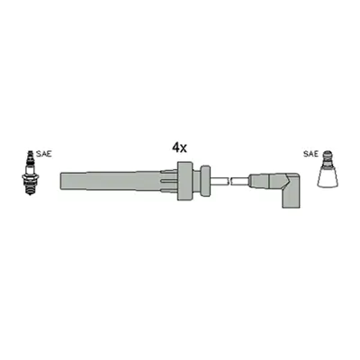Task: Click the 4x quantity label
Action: (179, 148)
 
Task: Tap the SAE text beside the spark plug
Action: (44, 154)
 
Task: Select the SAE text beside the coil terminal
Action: (310, 154)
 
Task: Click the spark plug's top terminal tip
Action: (30, 152)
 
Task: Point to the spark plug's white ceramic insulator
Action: (30, 169)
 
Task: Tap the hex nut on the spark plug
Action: (30, 177)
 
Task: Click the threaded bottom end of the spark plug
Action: (30, 189)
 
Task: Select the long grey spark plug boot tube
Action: (111, 181)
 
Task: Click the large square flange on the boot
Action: (184, 181)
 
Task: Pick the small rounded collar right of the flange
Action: (205, 181)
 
